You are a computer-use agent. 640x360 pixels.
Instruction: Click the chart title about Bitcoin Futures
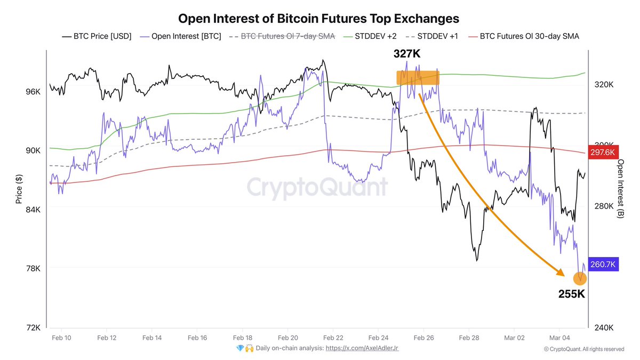pyautogui.click(x=318, y=19)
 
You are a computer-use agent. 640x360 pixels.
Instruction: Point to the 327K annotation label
pyautogui.click(x=407, y=54)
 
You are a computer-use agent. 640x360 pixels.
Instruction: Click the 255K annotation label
pyautogui.click(x=572, y=293)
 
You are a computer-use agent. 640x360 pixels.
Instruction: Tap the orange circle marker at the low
pyautogui.click(x=580, y=278)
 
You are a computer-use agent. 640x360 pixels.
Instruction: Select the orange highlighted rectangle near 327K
pyautogui.click(x=418, y=78)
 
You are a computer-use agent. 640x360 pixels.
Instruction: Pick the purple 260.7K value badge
pyautogui.click(x=603, y=264)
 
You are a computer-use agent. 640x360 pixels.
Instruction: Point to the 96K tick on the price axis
pyautogui.click(x=33, y=92)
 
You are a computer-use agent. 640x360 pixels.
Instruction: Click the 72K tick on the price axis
pyautogui.click(x=33, y=327)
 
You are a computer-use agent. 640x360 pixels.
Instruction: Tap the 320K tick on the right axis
pyautogui.click(x=603, y=85)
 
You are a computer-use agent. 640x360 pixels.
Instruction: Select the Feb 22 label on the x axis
pyautogui.click(x=333, y=338)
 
